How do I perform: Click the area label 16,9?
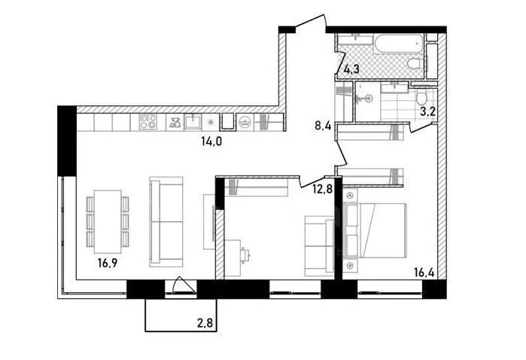pyautogui.click(x=108, y=263)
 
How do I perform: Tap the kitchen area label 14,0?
pyautogui.click(x=211, y=142)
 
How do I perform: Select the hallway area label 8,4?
pyautogui.click(x=323, y=126)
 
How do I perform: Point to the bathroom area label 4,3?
pyautogui.click(x=351, y=69)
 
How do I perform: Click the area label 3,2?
pyautogui.click(x=427, y=111)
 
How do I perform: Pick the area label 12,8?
pyautogui.click(x=322, y=189)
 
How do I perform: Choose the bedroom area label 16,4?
pyautogui.click(x=424, y=272)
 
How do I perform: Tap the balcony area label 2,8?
pyautogui.click(x=205, y=324)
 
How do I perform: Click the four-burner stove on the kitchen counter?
pyautogui.click(x=148, y=122)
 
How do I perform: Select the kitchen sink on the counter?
pyautogui.click(x=193, y=122)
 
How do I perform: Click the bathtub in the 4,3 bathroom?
pyautogui.click(x=398, y=44)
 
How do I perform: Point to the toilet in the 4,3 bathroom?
pyautogui.click(x=415, y=63)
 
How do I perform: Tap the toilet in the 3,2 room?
pyautogui.click(x=421, y=98)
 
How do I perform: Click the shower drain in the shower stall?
pyautogui.click(x=369, y=99)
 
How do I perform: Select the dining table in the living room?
pyautogui.click(x=108, y=221)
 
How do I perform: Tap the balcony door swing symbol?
pyautogui.click(x=183, y=285)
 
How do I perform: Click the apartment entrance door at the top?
pyautogui.click(x=310, y=23)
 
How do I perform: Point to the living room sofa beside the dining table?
pyautogui.click(x=166, y=222)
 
